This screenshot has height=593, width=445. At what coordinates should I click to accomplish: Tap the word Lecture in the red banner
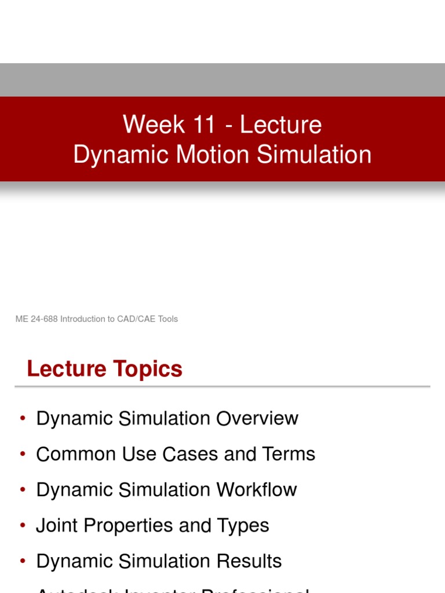coord(281,125)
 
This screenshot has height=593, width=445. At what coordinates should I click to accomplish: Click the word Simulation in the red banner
coord(313,155)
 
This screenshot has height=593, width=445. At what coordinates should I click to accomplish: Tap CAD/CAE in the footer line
coord(138,319)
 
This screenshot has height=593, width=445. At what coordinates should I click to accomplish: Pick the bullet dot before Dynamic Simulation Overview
coord(23,418)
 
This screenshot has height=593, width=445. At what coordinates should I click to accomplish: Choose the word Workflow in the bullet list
coord(256,490)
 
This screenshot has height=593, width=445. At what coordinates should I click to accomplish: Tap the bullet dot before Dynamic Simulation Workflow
coord(23,490)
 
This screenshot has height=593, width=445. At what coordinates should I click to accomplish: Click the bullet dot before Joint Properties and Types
coord(23,526)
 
